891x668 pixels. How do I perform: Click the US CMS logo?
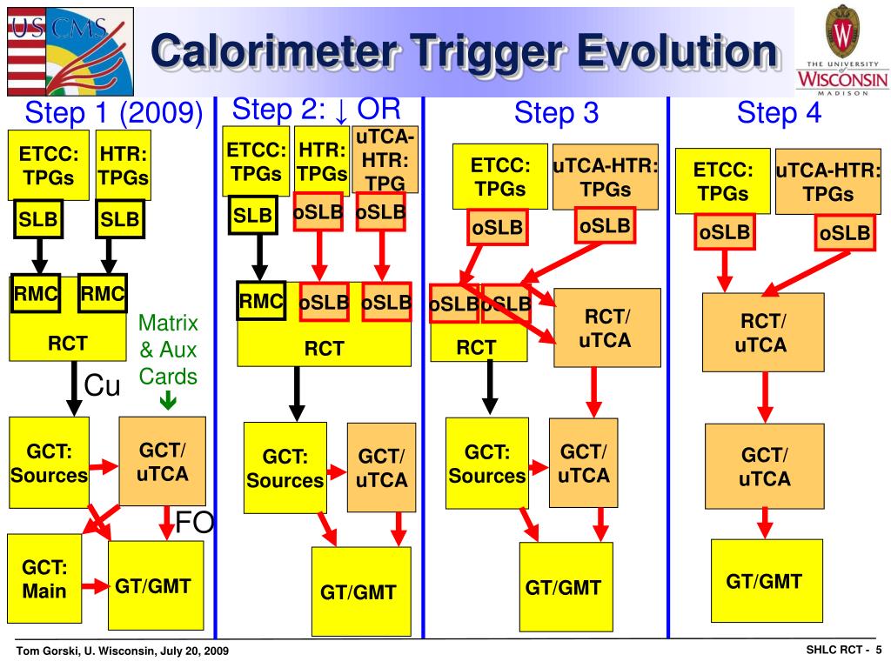(70, 51)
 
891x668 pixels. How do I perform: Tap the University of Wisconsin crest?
(842, 32)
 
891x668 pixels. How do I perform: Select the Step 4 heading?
(779, 112)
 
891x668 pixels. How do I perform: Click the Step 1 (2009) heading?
(114, 112)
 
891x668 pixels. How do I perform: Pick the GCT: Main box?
(44, 578)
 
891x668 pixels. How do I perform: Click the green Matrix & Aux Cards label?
(168, 350)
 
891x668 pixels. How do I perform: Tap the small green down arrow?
(168, 401)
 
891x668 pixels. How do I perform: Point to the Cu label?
(103, 385)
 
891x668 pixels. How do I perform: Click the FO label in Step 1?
(194, 522)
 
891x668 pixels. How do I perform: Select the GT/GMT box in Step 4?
(767, 580)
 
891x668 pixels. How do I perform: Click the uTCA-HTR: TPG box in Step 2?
(385, 160)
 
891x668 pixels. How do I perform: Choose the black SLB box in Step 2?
(253, 215)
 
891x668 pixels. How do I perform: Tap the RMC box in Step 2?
(261, 300)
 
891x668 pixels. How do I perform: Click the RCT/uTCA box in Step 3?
(606, 328)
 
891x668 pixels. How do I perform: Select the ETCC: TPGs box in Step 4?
(723, 181)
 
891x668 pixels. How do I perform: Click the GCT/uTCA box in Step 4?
(764, 466)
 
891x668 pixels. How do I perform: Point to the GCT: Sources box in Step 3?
(487, 464)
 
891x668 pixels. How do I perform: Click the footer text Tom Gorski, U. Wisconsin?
(87, 651)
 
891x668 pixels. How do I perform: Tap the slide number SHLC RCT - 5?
(844, 650)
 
